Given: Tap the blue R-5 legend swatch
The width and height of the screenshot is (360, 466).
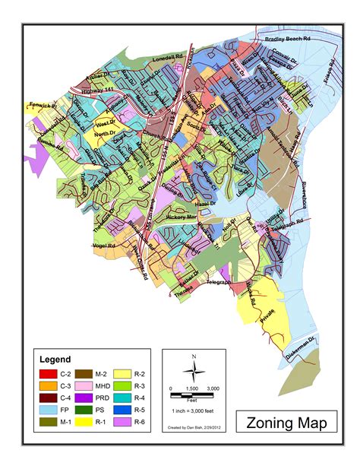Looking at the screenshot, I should [x=124, y=409].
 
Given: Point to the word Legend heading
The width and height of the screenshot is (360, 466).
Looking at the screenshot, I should [x=55, y=359].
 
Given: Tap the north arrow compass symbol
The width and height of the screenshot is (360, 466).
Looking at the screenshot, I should [x=194, y=370].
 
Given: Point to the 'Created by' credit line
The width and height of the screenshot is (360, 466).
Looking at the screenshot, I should [x=193, y=428].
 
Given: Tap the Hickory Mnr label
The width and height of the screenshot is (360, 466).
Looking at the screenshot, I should [x=182, y=217].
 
